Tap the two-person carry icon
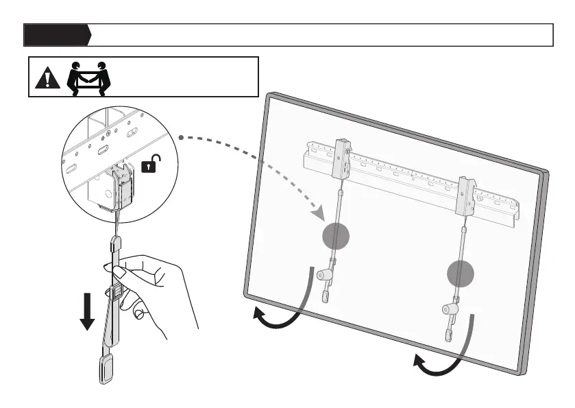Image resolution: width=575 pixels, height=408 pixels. (90, 77)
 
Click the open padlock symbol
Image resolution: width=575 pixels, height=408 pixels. (151, 164)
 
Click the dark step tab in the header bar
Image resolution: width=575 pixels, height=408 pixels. (56, 34)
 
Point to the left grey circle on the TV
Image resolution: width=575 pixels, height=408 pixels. (336, 237)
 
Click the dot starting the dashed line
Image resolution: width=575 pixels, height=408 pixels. (181, 139)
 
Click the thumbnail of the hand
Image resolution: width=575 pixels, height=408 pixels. (118, 274)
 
